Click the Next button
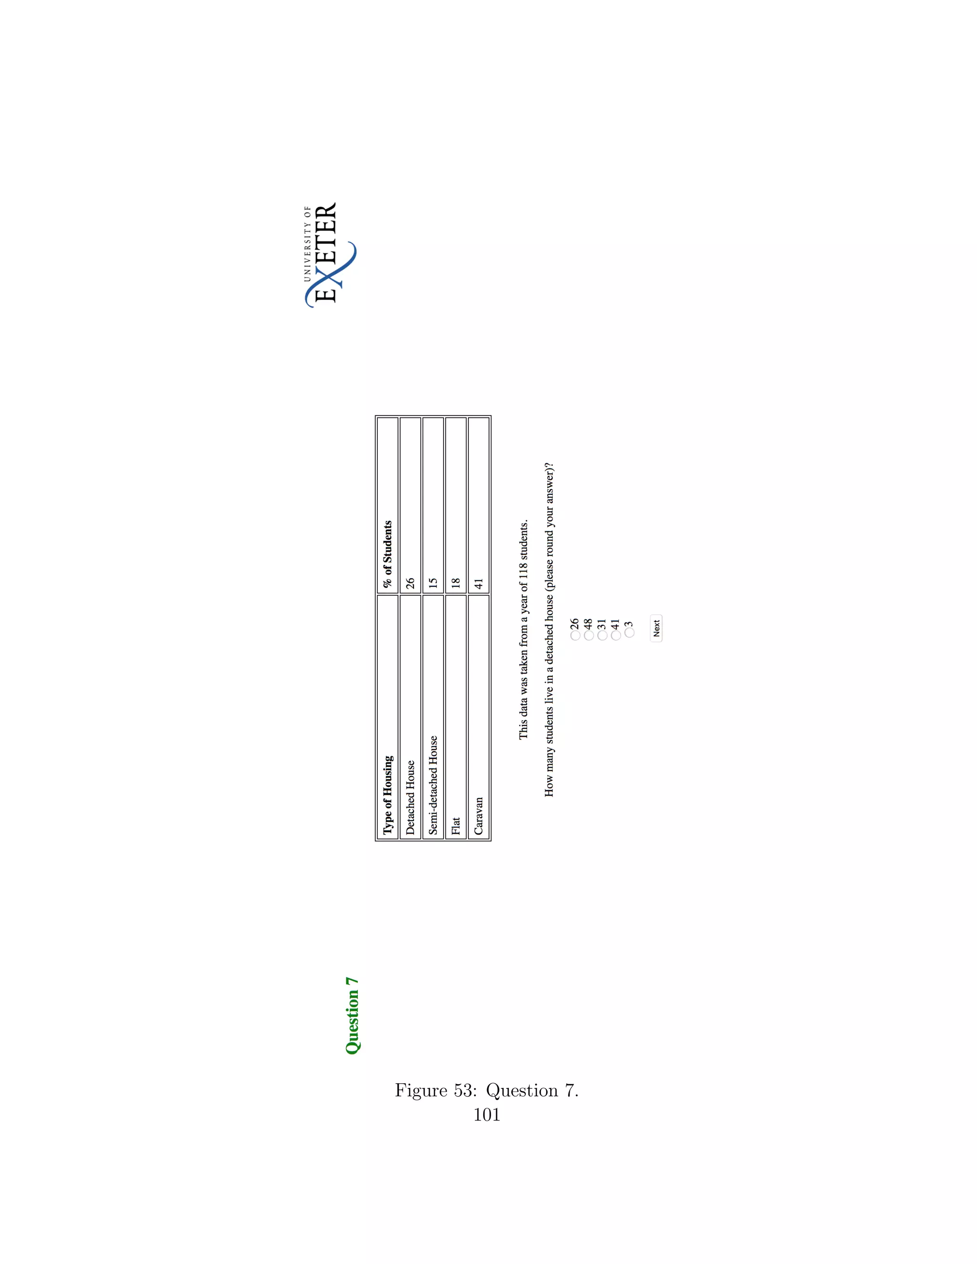pos(656,628)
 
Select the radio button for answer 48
pos(589,635)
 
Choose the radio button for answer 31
pos(603,635)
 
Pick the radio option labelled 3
pos(629,632)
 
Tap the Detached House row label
pos(410,797)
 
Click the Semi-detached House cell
pos(433,785)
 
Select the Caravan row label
pos(478,816)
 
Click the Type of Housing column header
pos(388,795)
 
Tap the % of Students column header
pos(388,554)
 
